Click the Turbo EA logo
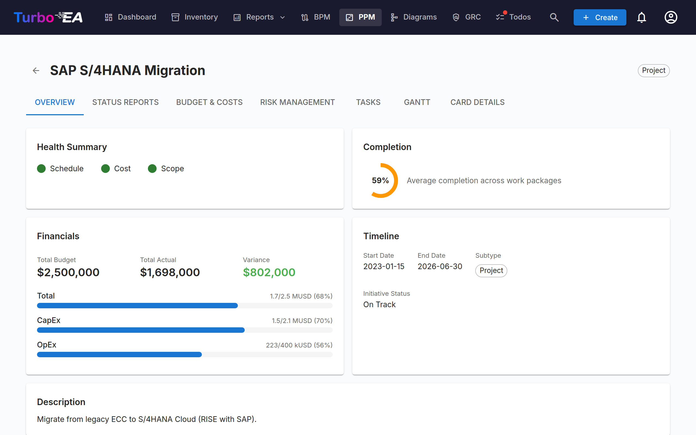pyautogui.click(x=48, y=17)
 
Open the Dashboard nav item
pyautogui.click(x=130, y=17)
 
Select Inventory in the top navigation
pyautogui.click(x=195, y=17)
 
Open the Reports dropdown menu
pyautogui.click(x=259, y=17)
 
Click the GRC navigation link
pyautogui.click(x=467, y=17)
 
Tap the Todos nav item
pyautogui.click(x=513, y=17)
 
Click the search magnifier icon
pyautogui.click(x=554, y=17)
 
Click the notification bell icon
pyautogui.click(x=642, y=17)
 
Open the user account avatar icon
pyautogui.click(x=671, y=17)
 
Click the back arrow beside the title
pyautogui.click(x=36, y=70)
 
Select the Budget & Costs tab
pyautogui.click(x=209, y=102)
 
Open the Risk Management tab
pyautogui.click(x=297, y=102)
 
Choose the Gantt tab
pyautogui.click(x=417, y=102)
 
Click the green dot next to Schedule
pyautogui.click(x=41, y=169)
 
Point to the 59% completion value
pyautogui.click(x=380, y=181)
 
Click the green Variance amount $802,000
pyautogui.click(x=269, y=272)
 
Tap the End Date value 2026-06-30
pyautogui.click(x=440, y=266)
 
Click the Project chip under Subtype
pyautogui.click(x=491, y=271)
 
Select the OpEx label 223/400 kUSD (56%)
pyautogui.click(x=299, y=345)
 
